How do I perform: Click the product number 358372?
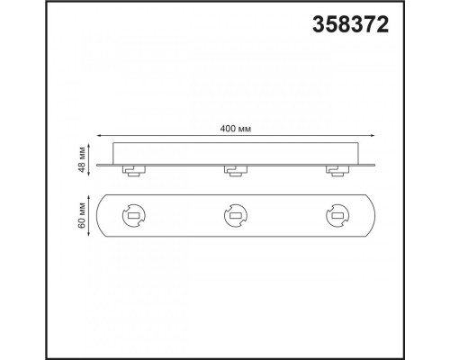350,24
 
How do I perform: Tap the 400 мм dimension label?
236,129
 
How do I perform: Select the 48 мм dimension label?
82,160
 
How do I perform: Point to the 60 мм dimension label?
82,215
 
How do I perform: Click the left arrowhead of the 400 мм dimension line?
98,136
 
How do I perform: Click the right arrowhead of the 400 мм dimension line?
373,136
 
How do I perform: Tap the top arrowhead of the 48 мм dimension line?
89,146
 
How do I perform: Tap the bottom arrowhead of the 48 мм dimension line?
89,175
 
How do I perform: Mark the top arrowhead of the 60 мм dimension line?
89,197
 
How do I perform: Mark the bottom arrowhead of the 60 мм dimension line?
89,234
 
